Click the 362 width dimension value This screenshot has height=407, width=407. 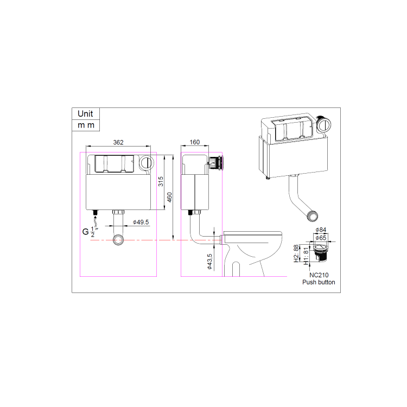118,142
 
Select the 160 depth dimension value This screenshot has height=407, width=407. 195,142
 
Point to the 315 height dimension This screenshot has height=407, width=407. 161,182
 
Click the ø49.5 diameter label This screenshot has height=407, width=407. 141,222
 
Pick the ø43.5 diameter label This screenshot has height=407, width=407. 209,263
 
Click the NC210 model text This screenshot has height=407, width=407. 319,275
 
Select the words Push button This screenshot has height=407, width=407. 319,282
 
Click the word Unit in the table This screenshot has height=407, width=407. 85,114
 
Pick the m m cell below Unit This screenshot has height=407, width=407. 85,125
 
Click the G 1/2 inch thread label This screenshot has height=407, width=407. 88,232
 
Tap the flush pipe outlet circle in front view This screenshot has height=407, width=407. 119,239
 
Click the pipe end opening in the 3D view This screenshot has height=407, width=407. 313,216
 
